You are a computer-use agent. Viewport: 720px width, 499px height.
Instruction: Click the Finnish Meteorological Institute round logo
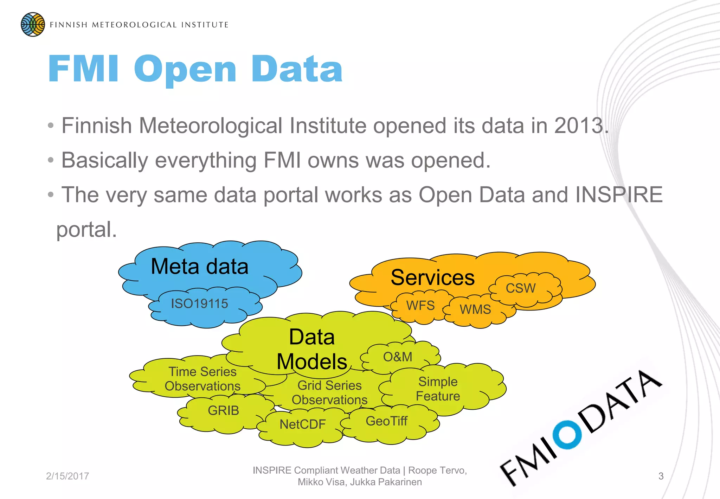tap(33, 25)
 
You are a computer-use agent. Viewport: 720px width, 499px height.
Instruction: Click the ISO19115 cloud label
tap(199, 303)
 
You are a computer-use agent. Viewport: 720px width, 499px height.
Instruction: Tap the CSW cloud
tap(520, 288)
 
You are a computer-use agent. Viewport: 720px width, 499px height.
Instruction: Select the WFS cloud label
tap(420, 305)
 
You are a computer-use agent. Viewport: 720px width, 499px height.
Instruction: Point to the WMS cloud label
tap(475, 309)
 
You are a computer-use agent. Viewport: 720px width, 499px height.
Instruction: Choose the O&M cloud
tap(398, 357)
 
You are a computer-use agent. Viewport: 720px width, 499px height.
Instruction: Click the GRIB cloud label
tap(223, 410)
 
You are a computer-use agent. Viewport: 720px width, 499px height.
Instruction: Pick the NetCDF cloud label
tap(303, 424)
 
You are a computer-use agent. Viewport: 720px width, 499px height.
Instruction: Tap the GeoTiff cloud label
tap(386, 421)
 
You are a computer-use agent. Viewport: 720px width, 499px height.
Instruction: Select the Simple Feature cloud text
tap(438, 389)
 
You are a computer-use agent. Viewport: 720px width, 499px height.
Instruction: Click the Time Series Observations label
tap(202, 379)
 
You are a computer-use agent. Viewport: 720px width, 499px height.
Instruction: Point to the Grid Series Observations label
tap(329, 393)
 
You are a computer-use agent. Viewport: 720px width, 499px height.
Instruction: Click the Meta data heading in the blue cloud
tap(199, 266)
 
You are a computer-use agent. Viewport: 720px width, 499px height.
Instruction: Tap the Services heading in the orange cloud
tap(432, 277)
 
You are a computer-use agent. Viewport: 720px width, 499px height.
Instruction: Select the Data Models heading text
tap(312, 349)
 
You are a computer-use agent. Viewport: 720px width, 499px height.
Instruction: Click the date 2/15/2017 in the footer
tap(67, 476)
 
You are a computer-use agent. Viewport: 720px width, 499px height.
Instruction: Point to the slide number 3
tap(661, 476)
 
